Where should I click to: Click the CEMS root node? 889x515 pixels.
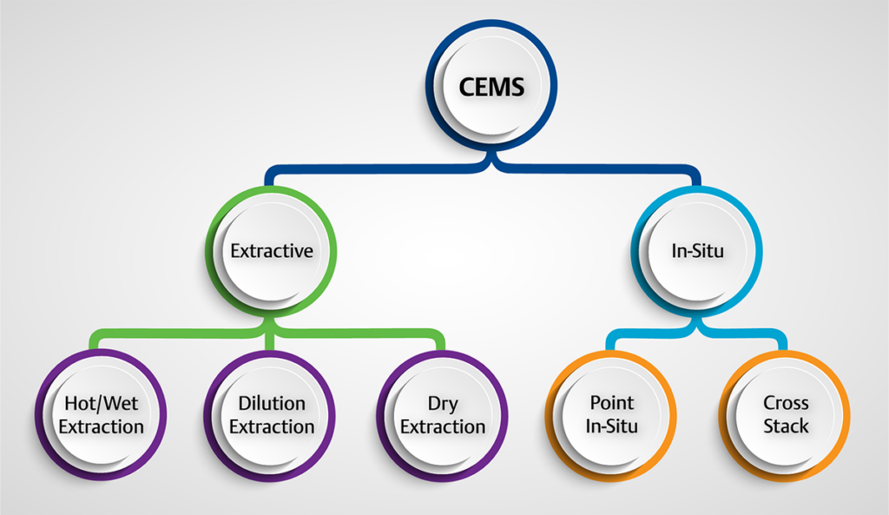click(492, 87)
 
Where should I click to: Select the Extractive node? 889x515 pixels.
click(271, 250)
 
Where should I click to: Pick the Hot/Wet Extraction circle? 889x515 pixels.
click(101, 414)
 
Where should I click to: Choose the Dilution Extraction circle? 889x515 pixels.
click(271, 414)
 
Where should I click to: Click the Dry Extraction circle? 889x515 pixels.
click(443, 414)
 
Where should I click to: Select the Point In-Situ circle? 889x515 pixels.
click(611, 414)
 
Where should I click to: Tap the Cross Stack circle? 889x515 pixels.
click(785, 414)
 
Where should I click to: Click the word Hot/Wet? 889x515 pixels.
click(101, 403)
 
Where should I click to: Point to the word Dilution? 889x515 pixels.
click(272, 403)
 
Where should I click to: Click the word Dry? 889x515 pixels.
click(443, 403)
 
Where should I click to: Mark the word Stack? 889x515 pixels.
click(786, 426)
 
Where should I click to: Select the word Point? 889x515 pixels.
click(612, 403)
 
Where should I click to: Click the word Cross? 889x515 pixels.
click(786, 403)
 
